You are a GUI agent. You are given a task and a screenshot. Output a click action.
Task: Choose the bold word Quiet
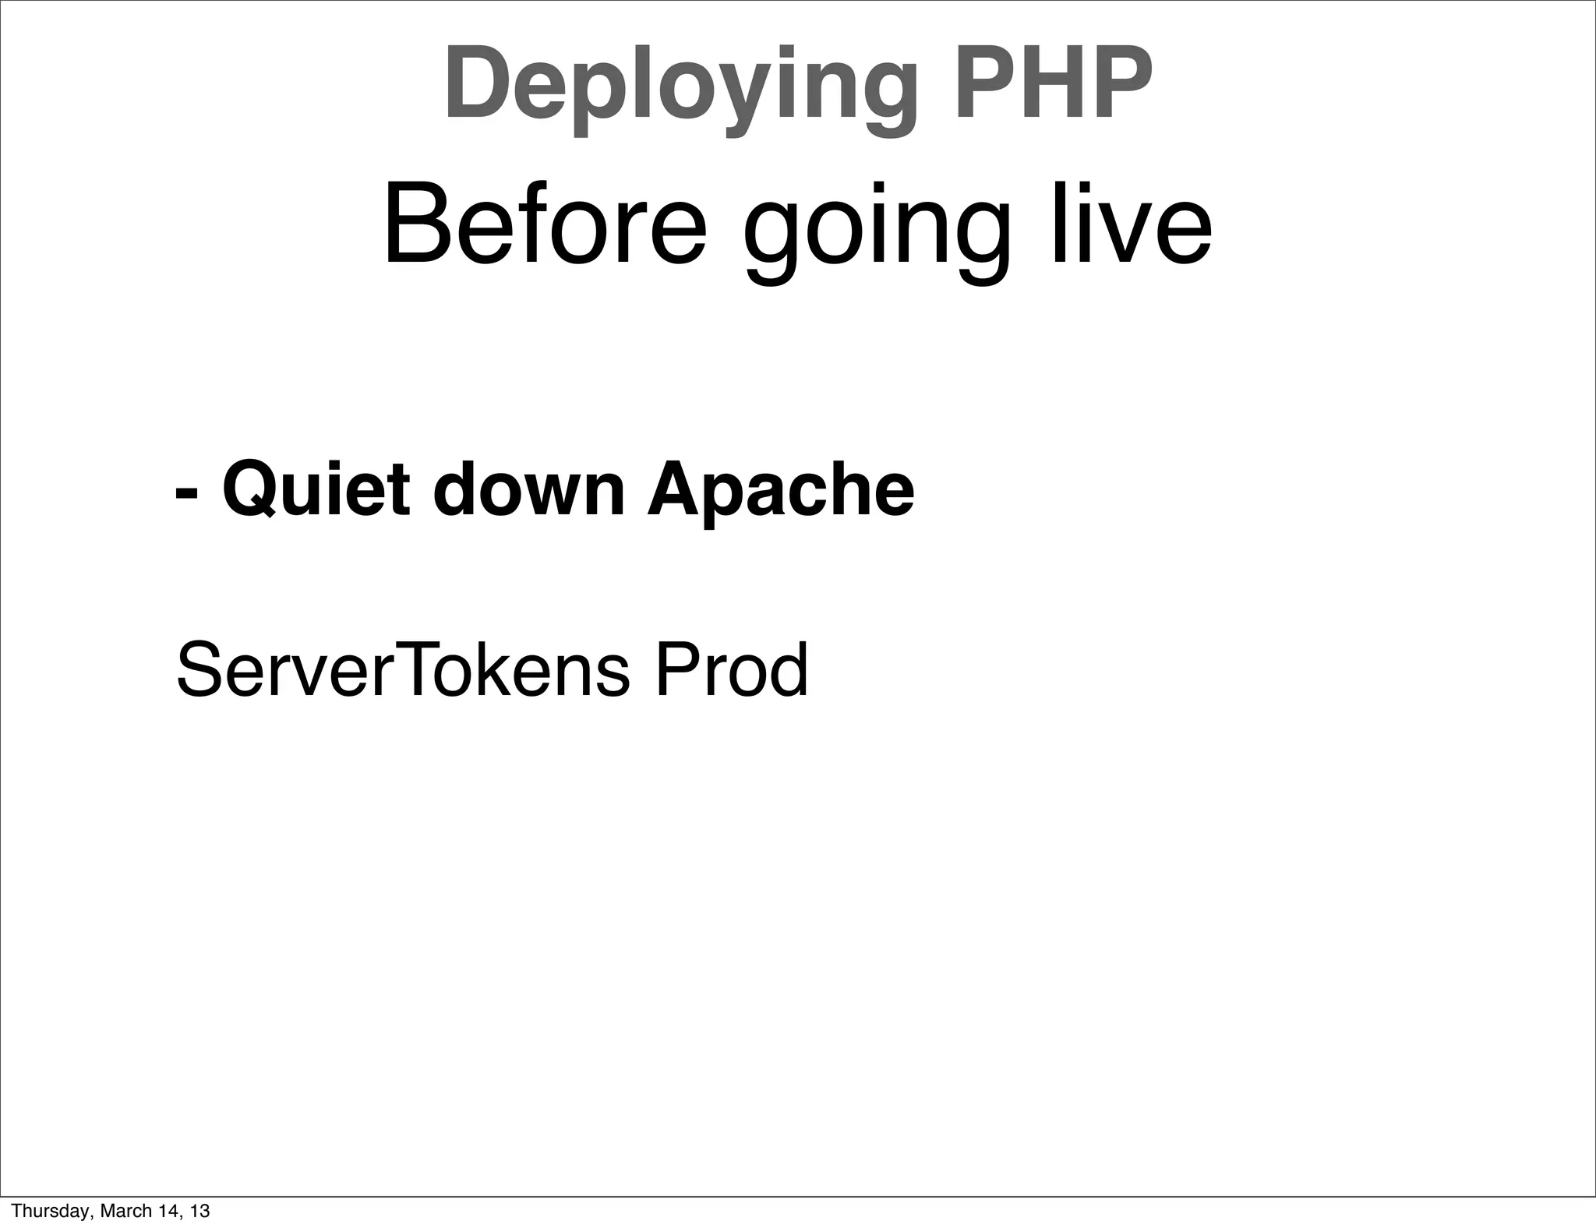(316, 489)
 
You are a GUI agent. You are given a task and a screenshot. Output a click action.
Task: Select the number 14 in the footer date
(164, 1211)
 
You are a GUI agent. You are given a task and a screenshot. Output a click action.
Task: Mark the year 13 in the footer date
(199, 1211)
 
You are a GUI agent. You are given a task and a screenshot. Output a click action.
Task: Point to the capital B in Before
(416, 224)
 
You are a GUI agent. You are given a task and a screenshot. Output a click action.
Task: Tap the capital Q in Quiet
(252, 489)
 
